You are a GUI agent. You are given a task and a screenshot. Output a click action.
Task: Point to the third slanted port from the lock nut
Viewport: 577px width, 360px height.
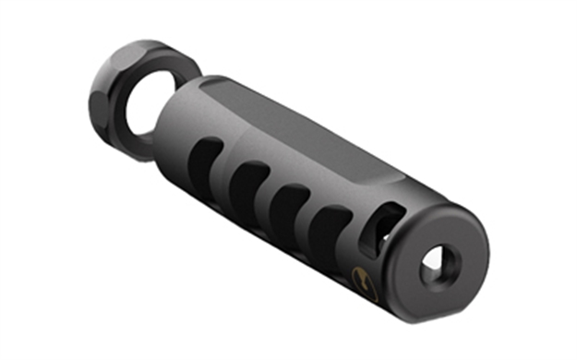tap(290, 205)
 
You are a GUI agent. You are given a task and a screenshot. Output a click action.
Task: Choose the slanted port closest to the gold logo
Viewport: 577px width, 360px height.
tap(330, 227)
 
